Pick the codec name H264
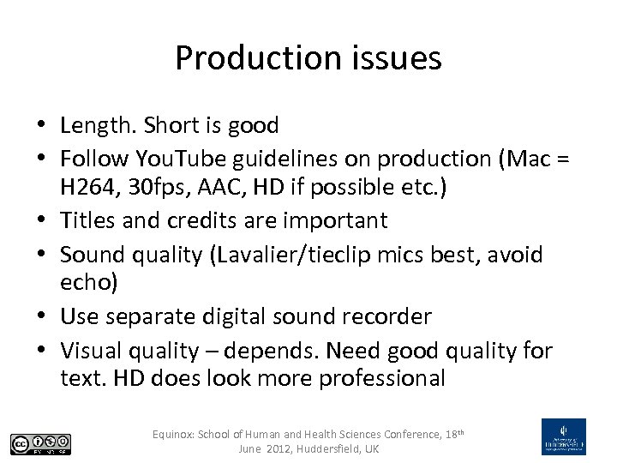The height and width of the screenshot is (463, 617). click(x=89, y=187)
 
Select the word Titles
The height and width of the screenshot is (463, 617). click(x=88, y=220)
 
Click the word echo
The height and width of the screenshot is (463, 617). click(x=88, y=283)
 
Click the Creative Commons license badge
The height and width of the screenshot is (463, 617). click(x=40, y=443)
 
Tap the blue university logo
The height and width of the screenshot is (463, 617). click(x=563, y=436)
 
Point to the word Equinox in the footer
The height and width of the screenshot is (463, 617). click(x=174, y=435)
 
